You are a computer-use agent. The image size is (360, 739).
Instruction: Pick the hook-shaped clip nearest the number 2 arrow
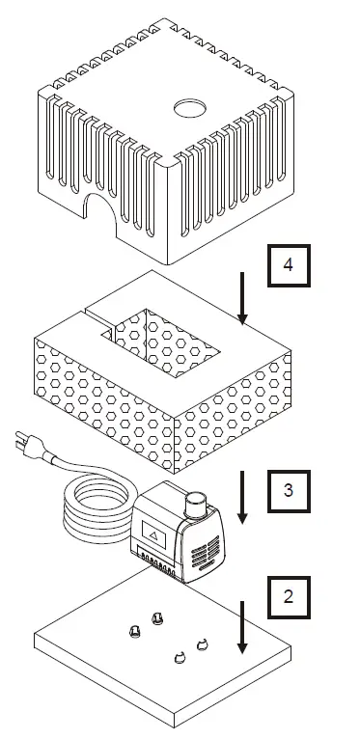203,645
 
